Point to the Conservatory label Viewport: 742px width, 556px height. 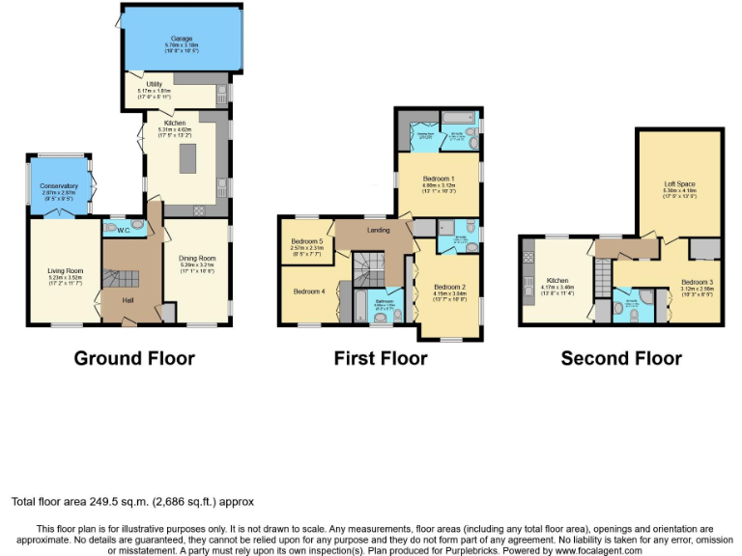59,185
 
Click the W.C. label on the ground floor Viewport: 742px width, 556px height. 123,229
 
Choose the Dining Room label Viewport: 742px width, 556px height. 196,258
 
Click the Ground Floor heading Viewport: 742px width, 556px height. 134,358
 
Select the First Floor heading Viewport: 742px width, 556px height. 380,358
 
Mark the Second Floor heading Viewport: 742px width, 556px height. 621,358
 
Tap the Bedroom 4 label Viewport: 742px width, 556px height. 308,292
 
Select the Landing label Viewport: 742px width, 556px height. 378,230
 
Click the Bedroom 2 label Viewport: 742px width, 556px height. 450,287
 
